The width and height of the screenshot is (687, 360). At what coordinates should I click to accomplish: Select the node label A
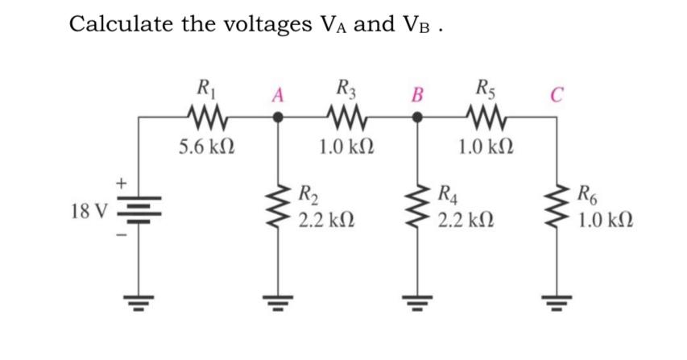pyautogui.click(x=276, y=94)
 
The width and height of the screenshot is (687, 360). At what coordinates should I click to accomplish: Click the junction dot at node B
pyautogui.click(x=417, y=118)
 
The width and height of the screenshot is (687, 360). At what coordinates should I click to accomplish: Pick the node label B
pyautogui.click(x=416, y=94)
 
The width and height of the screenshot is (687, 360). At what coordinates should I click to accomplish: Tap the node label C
pyautogui.click(x=556, y=94)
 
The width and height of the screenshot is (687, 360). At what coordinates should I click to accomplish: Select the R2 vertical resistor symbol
pyautogui.click(x=279, y=205)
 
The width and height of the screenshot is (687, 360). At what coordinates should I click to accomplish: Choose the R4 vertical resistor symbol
pyautogui.click(x=417, y=205)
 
